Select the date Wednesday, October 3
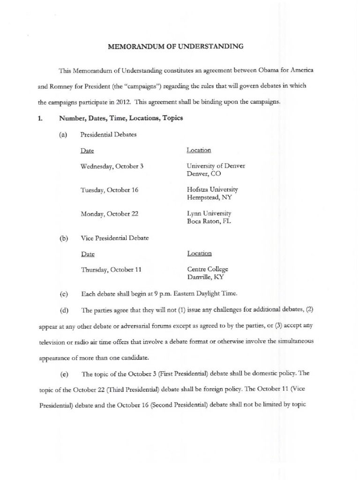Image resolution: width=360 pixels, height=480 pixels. [112, 166]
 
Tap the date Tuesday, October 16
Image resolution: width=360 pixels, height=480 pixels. [110, 190]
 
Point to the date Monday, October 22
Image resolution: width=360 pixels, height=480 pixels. [109, 214]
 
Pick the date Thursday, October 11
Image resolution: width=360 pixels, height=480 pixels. [111, 270]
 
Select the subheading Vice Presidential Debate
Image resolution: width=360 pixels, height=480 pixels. [114, 238]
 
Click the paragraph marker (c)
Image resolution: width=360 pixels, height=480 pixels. [64, 294]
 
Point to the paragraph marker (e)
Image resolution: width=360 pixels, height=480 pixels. [64, 374]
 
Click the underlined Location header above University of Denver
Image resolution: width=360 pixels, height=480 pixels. [199, 150]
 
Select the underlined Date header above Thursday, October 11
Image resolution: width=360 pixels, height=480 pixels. [88, 254]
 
